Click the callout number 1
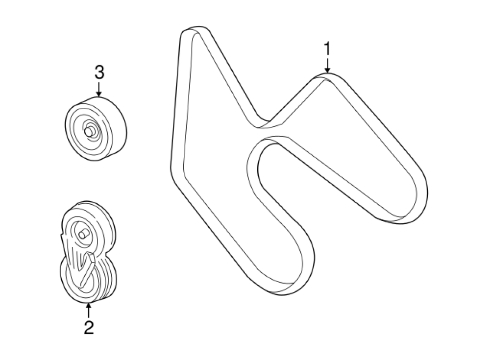pyautogui.click(x=327, y=49)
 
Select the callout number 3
pyautogui.click(x=99, y=73)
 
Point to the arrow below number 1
pyautogui.click(x=327, y=66)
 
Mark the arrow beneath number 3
pyautogui.click(x=99, y=89)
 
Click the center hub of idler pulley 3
pyautogui.click(x=89, y=131)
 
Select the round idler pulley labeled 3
pyautogui.click(x=96, y=128)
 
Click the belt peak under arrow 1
pyautogui.click(x=327, y=78)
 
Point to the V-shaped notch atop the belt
pyautogui.click(x=265, y=122)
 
